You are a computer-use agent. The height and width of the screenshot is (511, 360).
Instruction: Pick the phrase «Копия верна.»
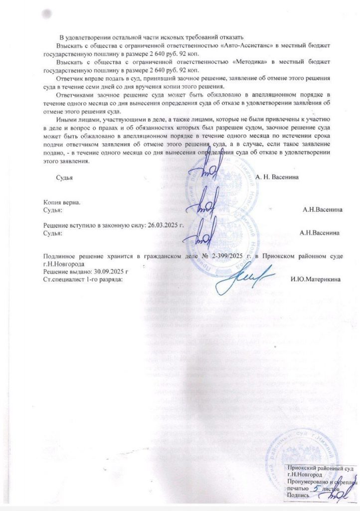(x=62, y=203)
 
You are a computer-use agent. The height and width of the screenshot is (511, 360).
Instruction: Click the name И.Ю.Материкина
(x=316, y=279)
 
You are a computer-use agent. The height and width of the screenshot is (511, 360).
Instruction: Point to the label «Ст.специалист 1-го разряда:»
(x=83, y=279)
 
